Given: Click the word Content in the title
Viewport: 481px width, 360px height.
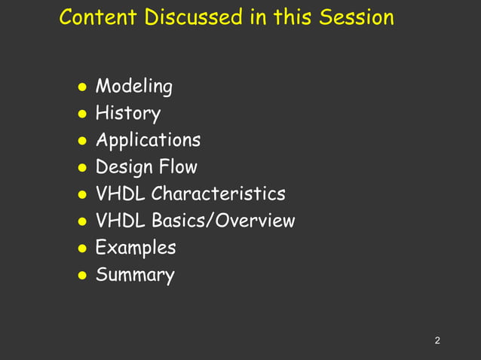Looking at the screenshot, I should [x=93, y=17].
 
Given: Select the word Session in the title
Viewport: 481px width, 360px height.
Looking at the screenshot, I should [x=356, y=17].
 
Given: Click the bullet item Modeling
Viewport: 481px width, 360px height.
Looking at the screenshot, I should [x=133, y=87].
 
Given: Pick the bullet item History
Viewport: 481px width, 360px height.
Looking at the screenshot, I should [x=127, y=114].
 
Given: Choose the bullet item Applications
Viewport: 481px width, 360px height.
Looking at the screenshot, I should [x=148, y=141].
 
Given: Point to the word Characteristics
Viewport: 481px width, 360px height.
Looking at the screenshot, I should [x=218, y=194].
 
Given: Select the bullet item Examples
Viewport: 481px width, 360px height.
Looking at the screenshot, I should [x=136, y=248].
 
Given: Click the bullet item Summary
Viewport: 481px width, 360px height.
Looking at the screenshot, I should [x=135, y=275].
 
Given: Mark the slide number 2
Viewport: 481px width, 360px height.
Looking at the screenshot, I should [x=437, y=341].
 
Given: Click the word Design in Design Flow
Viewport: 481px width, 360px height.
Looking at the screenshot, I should [x=124, y=167].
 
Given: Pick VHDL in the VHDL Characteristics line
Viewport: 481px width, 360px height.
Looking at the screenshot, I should [x=121, y=194].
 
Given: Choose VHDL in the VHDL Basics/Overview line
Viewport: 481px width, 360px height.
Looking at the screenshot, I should [x=121, y=221].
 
